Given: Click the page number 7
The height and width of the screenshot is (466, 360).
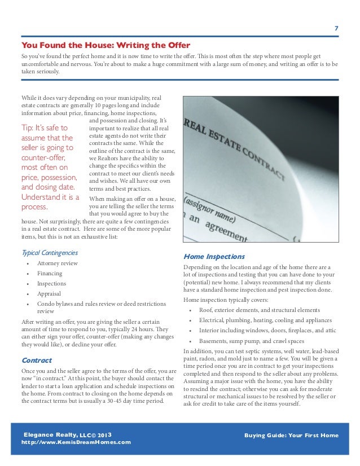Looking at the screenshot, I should (336, 29).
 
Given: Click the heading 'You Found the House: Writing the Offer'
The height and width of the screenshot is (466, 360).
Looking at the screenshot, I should (106, 45).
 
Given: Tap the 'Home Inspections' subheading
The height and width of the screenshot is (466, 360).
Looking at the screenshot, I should (215, 256).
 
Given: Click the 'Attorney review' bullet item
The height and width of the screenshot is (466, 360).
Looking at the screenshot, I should (58, 263).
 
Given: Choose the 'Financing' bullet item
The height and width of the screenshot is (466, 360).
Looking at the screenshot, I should (50, 274).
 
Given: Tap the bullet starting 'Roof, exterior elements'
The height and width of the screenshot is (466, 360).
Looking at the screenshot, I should (260, 310).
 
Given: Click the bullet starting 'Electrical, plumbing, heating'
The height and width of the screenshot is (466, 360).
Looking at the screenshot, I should (265, 320).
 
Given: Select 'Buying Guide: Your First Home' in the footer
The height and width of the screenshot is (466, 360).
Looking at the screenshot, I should (292, 436).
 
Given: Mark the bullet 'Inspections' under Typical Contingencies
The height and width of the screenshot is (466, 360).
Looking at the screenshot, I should (51, 284).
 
